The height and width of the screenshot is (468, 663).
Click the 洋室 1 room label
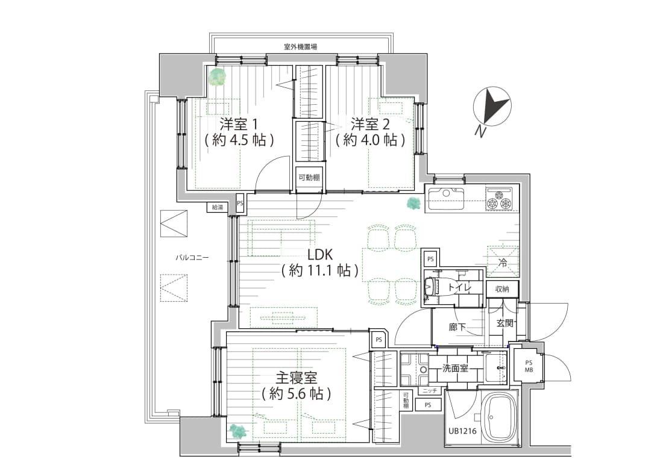pyautogui.click(x=239, y=125)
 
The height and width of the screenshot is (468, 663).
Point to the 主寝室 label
pyautogui.click(x=296, y=378)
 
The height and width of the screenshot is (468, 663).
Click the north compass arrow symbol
pyautogui.click(x=494, y=107)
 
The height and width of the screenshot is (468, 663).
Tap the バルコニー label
pyautogui.click(x=192, y=257)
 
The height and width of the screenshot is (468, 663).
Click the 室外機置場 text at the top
pyautogui.click(x=300, y=46)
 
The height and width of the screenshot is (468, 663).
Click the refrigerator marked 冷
pyautogui.click(x=502, y=261)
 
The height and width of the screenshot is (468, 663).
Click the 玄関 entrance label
pyautogui.click(x=504, y=323)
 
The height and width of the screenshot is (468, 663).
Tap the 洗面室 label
pyautogui.click(x=455, y=368)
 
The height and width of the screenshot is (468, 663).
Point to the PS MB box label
pyautogui.click(x=528, y=366)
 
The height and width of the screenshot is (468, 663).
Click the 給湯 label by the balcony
pyautogui.click(x=217, y=208)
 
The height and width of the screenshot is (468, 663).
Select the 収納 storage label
pyautogui.click(x=502, y=289)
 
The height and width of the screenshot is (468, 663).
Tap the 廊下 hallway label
pyautogui.click(x=457, y=328)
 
